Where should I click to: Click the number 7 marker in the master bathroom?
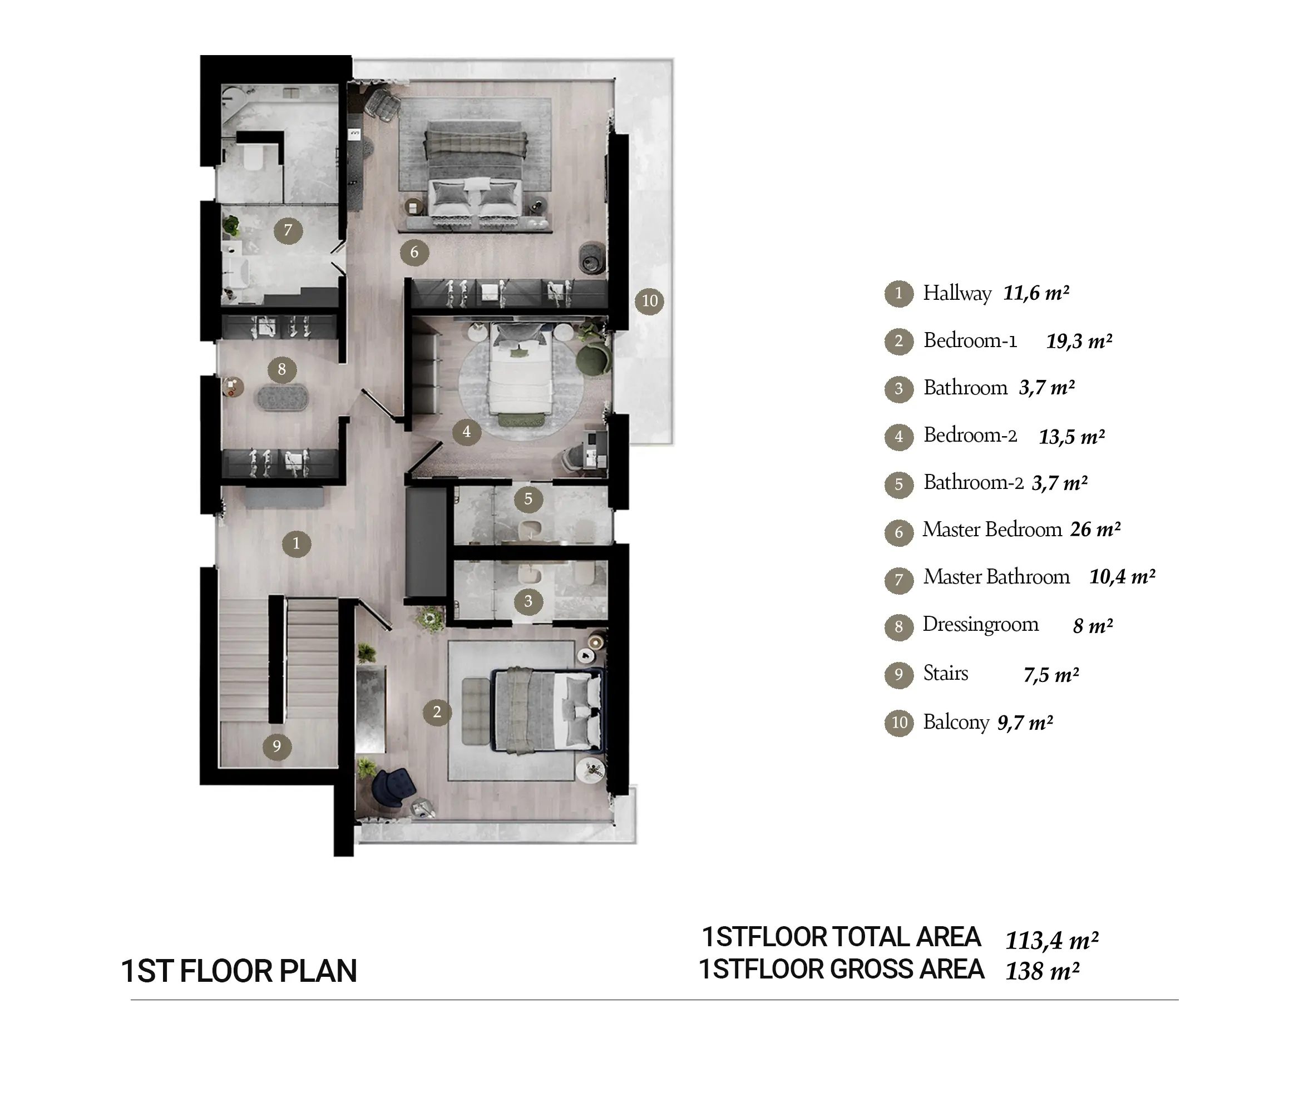pos(288,230)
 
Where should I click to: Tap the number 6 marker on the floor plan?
pos(414,253)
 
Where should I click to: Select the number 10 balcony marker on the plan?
pos(650,301)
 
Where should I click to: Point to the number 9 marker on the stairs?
pos(276,747)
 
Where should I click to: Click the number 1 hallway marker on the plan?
pos(296,543)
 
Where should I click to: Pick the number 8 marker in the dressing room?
pos(282,369)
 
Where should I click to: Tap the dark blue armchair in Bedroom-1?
pos(393,787)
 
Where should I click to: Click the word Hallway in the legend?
pos(957,293)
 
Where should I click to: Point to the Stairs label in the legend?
pos(946,673)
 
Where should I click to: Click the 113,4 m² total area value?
pos(1052,940)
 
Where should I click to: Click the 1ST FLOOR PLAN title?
pos(239,971)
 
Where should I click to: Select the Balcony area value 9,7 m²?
pos(1025,723)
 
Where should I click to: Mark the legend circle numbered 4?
pos(898,437)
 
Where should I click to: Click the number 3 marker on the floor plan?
pos(528,601)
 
